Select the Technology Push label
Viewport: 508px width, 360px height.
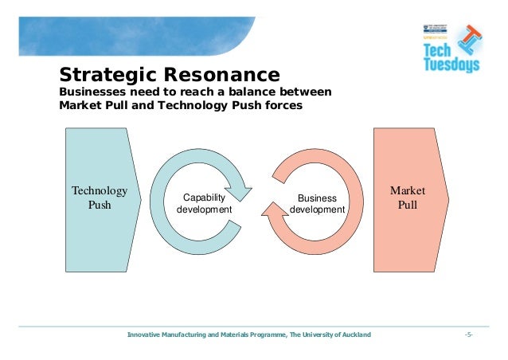100,198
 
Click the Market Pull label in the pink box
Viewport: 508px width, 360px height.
407,198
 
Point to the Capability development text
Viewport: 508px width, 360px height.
204,203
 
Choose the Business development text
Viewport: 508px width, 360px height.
317,204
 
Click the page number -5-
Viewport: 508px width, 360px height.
468,335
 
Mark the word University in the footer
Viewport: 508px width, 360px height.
315,335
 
